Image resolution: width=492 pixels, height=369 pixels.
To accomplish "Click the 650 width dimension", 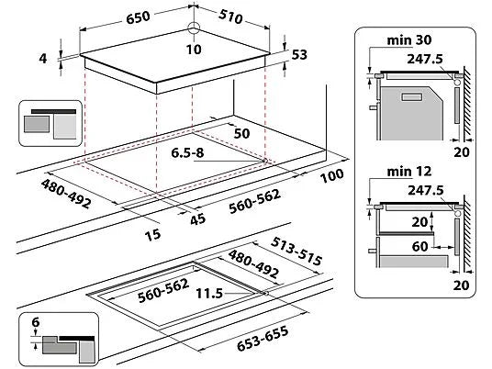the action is pos(138,17).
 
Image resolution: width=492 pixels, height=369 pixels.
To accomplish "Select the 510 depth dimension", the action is pos(230,17).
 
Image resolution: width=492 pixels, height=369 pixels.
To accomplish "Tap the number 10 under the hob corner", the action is pos(194,50).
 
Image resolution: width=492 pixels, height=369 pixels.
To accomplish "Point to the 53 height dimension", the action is pos(299,54).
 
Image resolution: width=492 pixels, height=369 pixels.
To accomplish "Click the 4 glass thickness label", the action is pos(43,59).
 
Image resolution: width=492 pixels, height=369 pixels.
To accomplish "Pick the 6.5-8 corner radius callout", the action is pos(187,152).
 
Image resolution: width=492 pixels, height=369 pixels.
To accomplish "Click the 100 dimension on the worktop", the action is pos(331,175).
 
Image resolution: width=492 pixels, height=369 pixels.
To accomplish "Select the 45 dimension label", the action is pos(197,219).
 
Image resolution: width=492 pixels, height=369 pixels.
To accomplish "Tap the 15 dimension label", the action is pos(152,235).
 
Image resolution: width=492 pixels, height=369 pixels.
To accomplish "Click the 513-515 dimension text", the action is pos(296,251).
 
